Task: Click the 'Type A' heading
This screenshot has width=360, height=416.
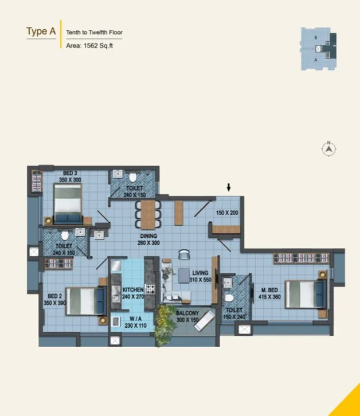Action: pyautogui.click(x=41, y=32)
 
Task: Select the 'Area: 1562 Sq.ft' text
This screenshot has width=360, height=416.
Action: pyautogui.click(x=89, y=46)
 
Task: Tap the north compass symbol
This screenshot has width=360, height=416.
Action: pyautogui.click(x=328, y=148)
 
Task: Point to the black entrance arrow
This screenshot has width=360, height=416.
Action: pyautogui.click(x=229, y=187)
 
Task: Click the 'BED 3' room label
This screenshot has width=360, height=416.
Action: pyautogui.click(x=70, y=173)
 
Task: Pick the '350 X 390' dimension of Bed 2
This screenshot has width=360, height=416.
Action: pyautogui.click(x=54, y=303)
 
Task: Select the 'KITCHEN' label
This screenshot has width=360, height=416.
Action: pyautogui.click(x=133, y=290)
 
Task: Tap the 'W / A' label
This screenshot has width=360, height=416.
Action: pyautogui.click(x=136, y=319)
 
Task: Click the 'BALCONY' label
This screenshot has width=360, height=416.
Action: pyautogui.click(x=187, y=313)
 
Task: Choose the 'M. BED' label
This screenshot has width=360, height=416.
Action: pyautogui.click(x=269, y=290)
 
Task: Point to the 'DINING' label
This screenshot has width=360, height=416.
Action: pyautogui.click(x=148, y=236)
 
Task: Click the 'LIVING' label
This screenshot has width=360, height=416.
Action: pyautogui.click(x=200, y=273)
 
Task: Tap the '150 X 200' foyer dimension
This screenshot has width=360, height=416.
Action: pyautogui.click(x=227, y=213)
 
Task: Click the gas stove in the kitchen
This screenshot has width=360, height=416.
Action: pyautogui.click(x=150, y=289)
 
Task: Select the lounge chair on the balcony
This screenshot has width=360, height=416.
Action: pyautogui.click(x=205, y=321)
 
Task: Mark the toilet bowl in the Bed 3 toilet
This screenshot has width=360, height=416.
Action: pyautogui.click(x=133, y=177)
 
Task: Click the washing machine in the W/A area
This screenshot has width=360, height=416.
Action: pyautogui.click(x=116, y=321)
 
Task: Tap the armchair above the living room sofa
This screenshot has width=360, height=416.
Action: pyautogui.click(x=184, y=254)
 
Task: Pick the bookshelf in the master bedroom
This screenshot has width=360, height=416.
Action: pyautogui.click(x=302, y=258)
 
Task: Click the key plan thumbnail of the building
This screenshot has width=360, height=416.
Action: pyautogui.click(x=319, y=49)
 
